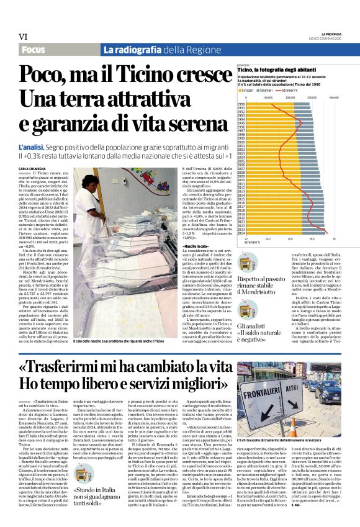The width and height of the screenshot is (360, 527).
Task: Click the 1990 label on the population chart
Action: pos(241,104)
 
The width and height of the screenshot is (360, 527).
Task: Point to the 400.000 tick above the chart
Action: pos(333,97)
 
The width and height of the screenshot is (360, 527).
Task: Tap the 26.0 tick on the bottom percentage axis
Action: pos(290,238)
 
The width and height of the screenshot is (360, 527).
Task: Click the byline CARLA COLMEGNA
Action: pos(32,168)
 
